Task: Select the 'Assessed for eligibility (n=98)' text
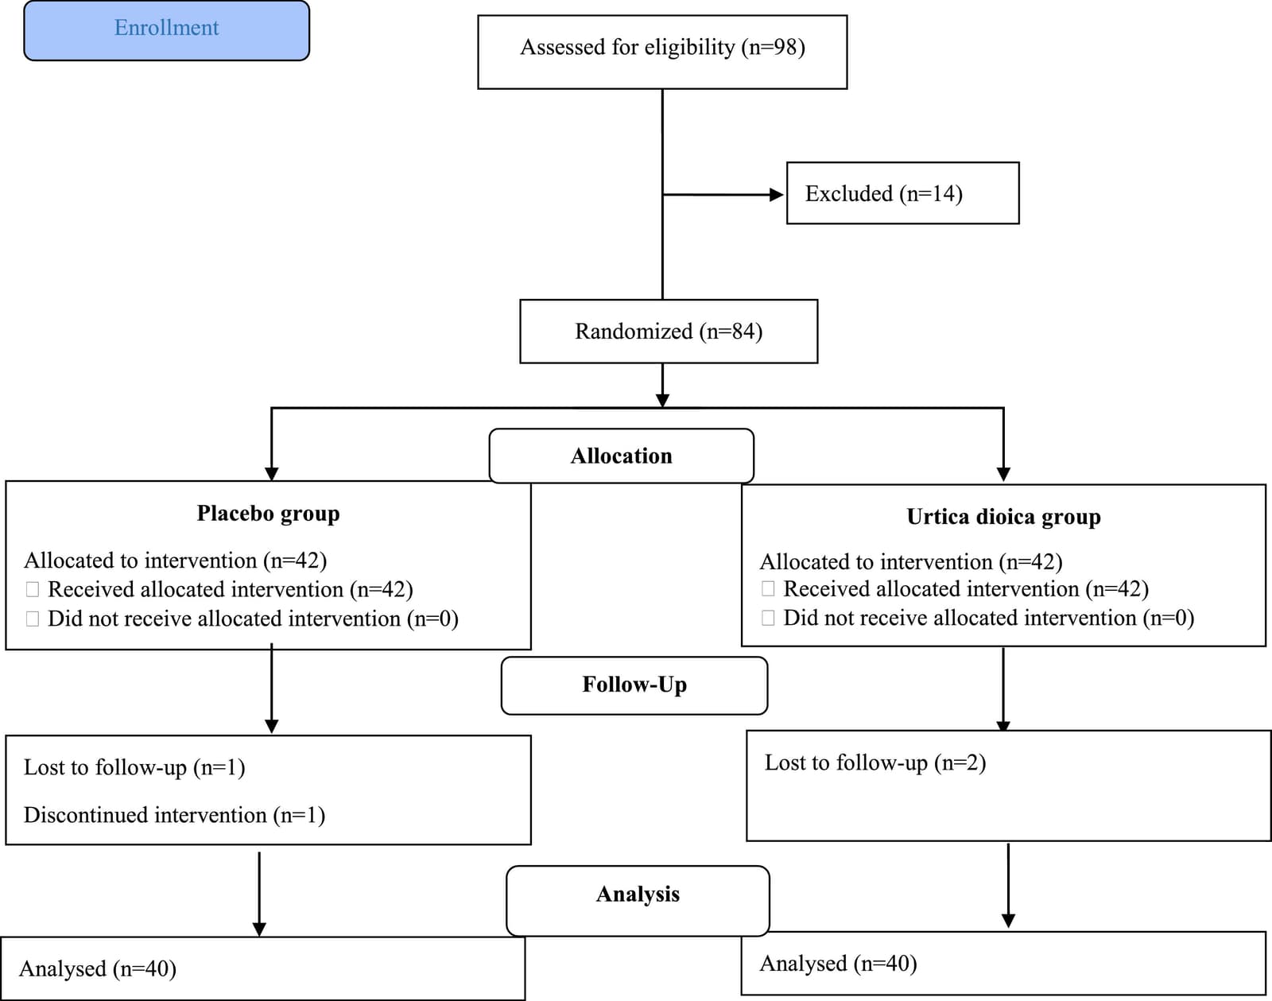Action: tap(662, 47)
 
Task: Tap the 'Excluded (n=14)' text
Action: tap(884, 193)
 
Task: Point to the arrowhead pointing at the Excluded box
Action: tap(777, 195)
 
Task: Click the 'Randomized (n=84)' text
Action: tap(669, 331)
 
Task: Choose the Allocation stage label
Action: tap(621, 456)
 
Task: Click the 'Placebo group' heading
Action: tap(269, 513)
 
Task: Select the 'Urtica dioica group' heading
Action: tap(1003, 517)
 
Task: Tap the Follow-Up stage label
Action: tap(634, 685)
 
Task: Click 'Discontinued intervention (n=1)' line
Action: tap(174, 815)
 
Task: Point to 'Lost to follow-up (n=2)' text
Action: tap(875, 762)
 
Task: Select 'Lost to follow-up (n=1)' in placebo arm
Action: tap(134, 767)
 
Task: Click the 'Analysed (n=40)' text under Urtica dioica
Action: tap(838, 964)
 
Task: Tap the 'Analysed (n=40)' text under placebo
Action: tap(98, 969)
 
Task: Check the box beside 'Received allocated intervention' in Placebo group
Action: tap(33, 589)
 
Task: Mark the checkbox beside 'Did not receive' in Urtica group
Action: tap(768, 618)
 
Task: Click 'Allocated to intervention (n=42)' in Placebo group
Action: tap(175, 561)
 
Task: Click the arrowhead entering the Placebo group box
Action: tap(271, 474)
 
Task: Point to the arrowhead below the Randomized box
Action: tap(662, 400)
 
